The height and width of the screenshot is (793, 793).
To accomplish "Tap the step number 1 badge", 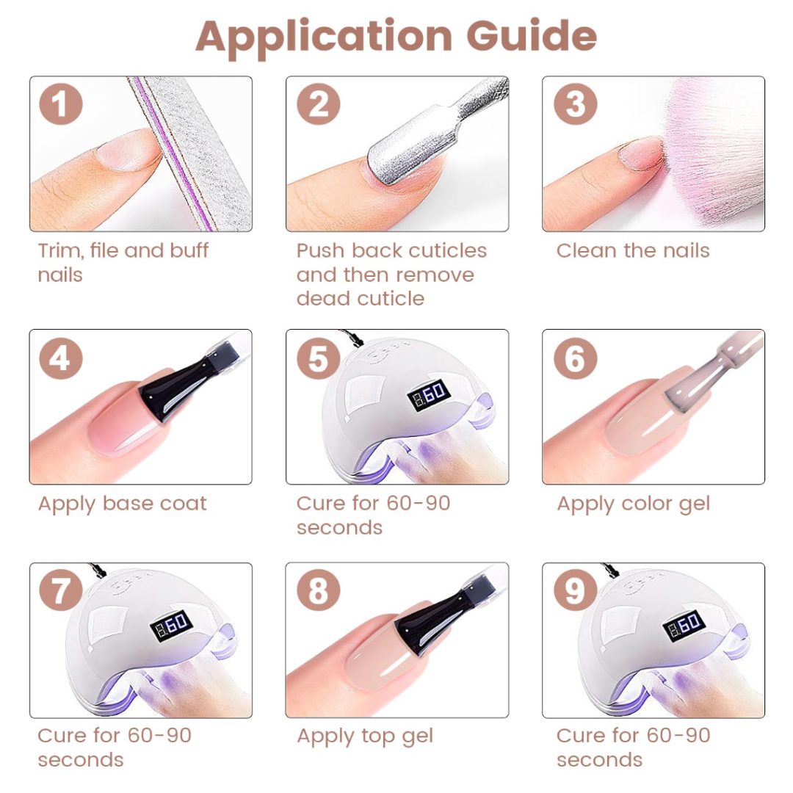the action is (x=61, y=104).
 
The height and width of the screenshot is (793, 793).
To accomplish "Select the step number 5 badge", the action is (x=318, y=358).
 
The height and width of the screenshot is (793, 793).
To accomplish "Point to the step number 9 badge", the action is (x=576, y=590).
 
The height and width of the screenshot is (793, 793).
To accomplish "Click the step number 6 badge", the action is (x=576, y=358).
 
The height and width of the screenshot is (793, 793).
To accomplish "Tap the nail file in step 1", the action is (x=195, y=152).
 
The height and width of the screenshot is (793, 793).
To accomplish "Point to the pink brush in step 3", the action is (x=713, y=152).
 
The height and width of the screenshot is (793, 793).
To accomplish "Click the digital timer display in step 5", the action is (x=429, y=394).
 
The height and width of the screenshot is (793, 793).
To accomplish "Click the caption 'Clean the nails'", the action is (x=633, y=250).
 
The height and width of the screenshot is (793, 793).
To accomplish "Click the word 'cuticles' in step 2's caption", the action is (x=447, y=250).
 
